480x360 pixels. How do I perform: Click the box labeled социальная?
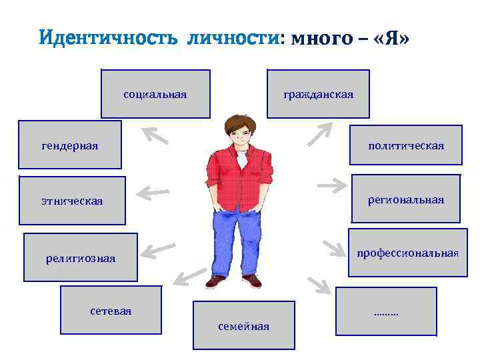(x=155, y=94)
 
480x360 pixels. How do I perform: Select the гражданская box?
(x=318, y=94)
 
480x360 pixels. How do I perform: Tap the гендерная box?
(x=69, y=145)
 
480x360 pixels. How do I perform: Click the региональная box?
(x=405, y=199)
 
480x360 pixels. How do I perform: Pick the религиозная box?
(x=81, y=257)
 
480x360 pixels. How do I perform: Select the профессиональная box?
(x=407, y=253)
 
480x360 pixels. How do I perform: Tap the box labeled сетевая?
(x=111, y=311)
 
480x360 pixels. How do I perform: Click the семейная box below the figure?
(x=243, y=325)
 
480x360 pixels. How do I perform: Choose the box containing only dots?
(x=386, y=311)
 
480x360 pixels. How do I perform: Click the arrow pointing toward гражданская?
(x=320, y=133)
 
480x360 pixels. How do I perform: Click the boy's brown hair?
(x=239, y=122)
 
